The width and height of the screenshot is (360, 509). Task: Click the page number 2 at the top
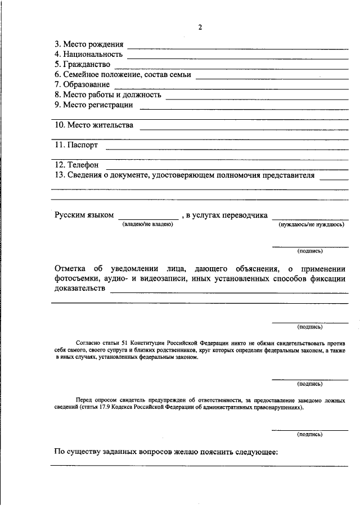(200, 28)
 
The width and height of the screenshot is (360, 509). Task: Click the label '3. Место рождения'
(89, 44)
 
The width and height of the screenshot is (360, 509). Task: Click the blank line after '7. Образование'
(231, 87)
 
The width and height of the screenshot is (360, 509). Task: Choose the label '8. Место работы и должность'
(107, 94)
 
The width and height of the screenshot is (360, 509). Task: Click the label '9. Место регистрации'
(93, 105)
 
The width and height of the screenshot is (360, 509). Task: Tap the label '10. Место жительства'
(94, 125)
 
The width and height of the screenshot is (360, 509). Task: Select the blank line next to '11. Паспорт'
(227, 149)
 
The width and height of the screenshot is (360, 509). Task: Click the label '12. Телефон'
(76, 165)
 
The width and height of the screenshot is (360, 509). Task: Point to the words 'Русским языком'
(84, 215)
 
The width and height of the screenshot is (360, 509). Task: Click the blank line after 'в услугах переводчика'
(310, 219)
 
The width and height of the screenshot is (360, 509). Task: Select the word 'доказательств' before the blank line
(80, 289)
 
